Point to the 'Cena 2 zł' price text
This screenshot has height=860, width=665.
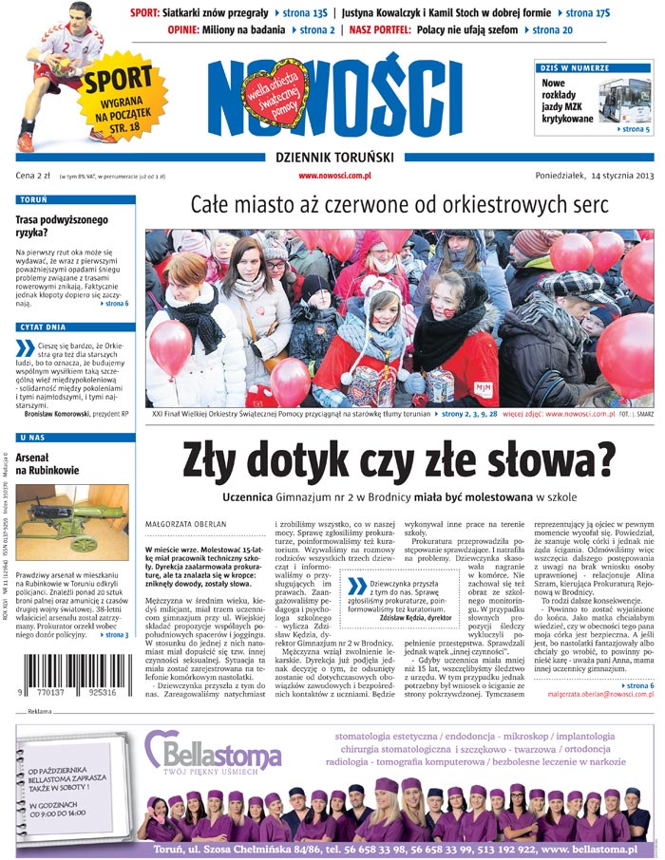32,176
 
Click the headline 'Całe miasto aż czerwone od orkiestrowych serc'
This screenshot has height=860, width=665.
399,206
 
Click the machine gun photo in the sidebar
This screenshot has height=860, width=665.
71,522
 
